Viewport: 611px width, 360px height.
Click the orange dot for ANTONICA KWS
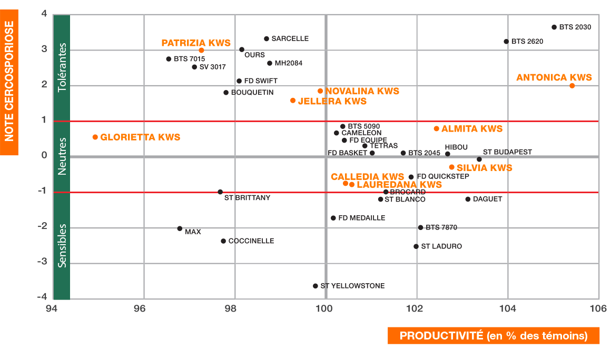coord(572,86)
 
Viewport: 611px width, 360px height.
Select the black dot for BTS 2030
coord(554,27)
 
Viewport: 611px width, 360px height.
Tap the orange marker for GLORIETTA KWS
coord(95,137)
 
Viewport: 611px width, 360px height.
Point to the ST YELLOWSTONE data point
coord(316,286)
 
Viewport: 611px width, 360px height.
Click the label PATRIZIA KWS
coord(196,43)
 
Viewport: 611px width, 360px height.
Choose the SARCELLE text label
coord(290,39)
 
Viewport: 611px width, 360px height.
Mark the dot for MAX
coord(180,228)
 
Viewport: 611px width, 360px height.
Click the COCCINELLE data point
coord(223,241)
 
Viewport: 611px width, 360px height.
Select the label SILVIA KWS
coord(484,168)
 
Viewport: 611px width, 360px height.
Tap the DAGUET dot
coord(468,199)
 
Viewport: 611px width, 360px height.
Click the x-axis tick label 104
coord(508,308)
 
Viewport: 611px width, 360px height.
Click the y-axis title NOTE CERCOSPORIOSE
coord(9,81)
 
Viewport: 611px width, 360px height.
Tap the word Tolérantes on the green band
coord(63,68)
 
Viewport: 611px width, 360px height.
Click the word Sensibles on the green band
coord(63,246)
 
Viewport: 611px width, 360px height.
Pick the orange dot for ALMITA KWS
coord(436,128)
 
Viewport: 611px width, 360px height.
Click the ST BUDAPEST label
coord(507,152)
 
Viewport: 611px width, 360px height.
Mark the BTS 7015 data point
coord(169,59)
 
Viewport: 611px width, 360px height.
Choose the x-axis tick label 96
coord(140,308)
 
